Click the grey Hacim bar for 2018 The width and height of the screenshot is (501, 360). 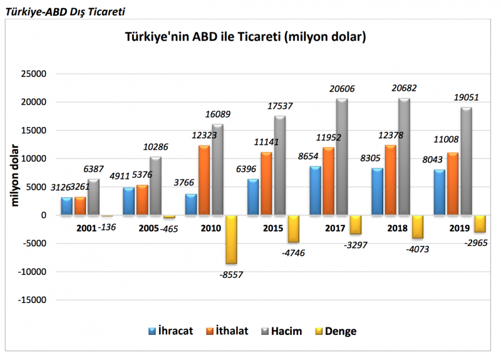pos(404,157)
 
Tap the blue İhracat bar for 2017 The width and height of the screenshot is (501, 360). pos(315,190)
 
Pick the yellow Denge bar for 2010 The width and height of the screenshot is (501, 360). pos(231,239)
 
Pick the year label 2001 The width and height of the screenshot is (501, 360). pos(86,229)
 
